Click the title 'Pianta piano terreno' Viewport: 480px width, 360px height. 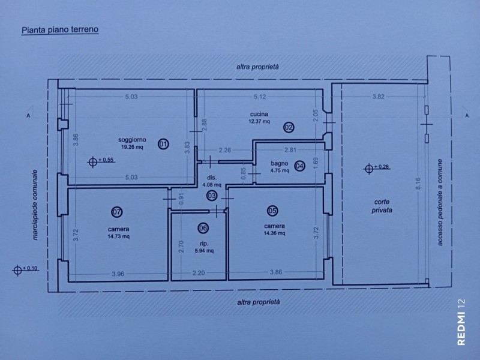(x=60, y=30)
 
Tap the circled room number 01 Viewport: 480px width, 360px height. (x=163, y=143)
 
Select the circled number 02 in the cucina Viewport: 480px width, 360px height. (x=289, y=127)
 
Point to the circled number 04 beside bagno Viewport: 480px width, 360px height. (x=299, y=166)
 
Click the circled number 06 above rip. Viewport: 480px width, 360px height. (x=203, y=228)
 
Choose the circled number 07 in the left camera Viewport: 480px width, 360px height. (x=117, y=212)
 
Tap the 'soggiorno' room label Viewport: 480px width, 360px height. (x=132, y=140)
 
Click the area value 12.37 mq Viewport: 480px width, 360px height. (x=259, y=122)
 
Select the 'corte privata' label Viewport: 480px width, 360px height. (x=382, y=206)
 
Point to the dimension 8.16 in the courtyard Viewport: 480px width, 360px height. (x=418, y=184)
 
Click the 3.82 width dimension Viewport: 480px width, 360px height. (x=379, y=97)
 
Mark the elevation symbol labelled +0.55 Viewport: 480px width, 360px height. (x=93, y=161)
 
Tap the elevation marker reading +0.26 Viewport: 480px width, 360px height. (x=369, y=168)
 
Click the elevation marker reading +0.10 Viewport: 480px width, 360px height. (x=17, y=270)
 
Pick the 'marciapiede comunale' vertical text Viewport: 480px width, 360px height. (x=35, y=205)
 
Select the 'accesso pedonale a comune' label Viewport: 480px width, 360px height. (x=440, y=202)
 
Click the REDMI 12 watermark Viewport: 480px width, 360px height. (x=461, y=322)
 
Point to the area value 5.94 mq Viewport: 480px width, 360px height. (x=204, y=251)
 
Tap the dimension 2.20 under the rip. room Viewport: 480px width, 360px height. (x=199, y=272)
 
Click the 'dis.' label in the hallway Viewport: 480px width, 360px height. (x=212, y=178)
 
